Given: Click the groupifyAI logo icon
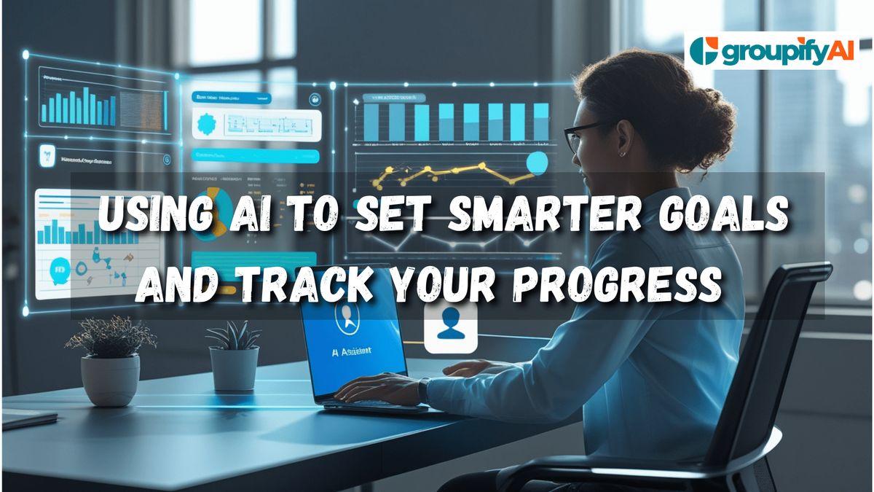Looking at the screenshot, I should coord(703,52).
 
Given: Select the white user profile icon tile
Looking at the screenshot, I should coord(450,328).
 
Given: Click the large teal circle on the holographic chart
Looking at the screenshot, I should coord(537,162).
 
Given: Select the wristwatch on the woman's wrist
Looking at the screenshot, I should coord(423,390).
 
